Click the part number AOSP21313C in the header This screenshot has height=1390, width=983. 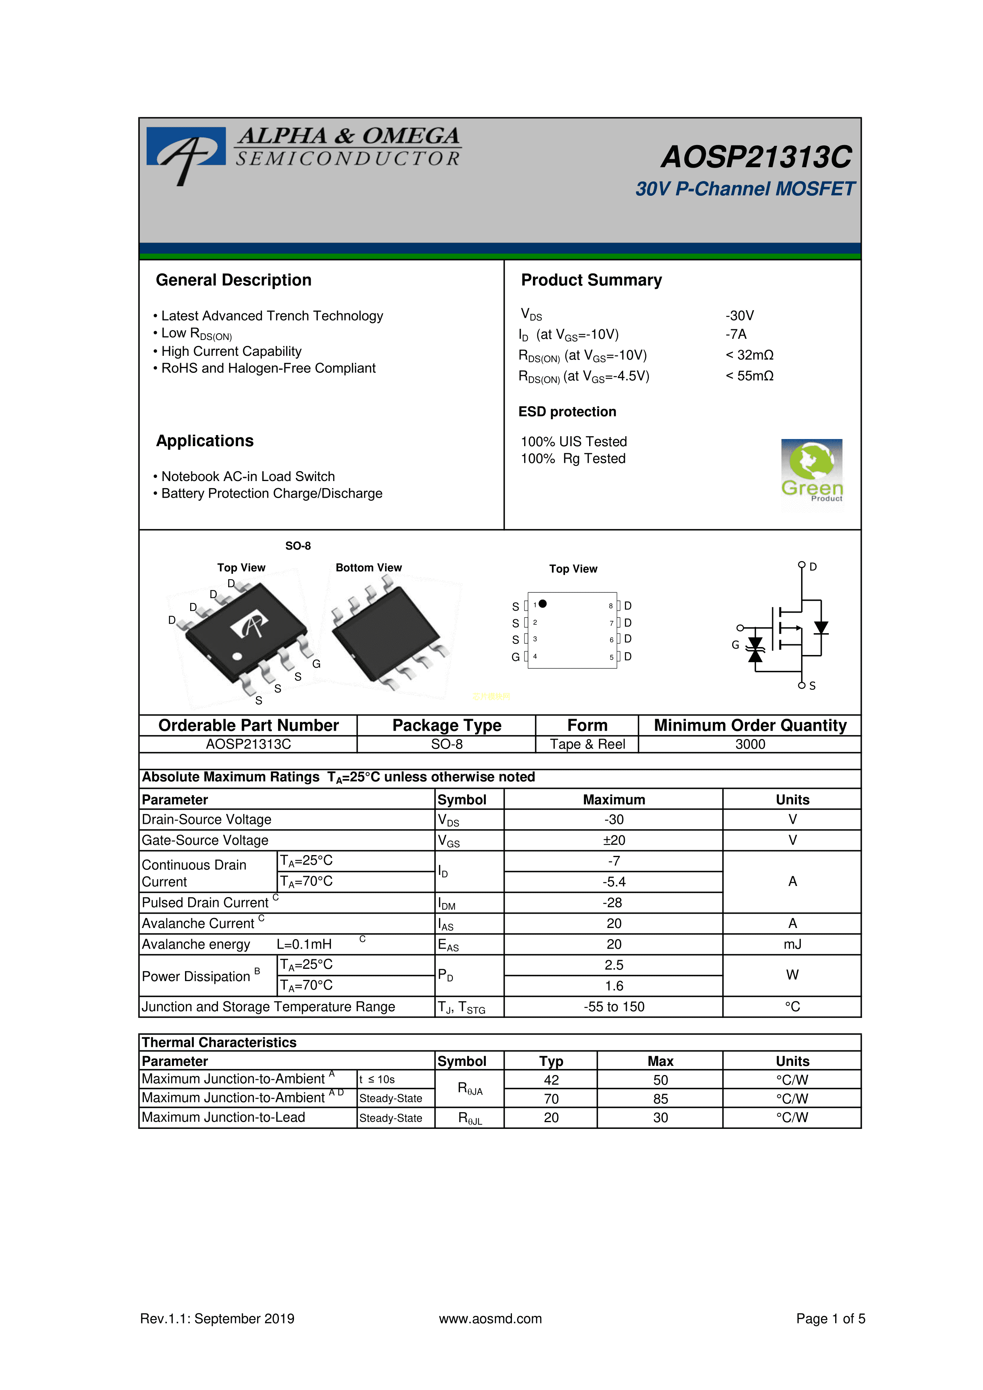tap(756, 157)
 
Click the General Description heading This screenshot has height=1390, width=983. tap(234, 280)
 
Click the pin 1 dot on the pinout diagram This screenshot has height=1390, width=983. tap(543, 603)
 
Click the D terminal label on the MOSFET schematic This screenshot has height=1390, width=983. tap(813, 567)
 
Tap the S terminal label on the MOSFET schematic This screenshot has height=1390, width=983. tap(812, 686)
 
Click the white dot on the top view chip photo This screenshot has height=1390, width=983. tap(237, 656)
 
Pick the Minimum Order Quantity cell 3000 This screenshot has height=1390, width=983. tap(750, 744)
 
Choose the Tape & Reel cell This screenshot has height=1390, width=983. tap(587, 744)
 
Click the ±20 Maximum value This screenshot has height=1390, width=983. tap(614, 840)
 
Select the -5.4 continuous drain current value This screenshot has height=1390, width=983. tap(614, 882)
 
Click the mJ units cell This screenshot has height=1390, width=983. tap(792, 944)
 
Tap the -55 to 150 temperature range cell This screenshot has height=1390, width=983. tap(614, 1007)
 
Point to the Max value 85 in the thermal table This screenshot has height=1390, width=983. tap(660, 1099)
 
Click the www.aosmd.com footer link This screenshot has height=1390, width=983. tap(490, 1319)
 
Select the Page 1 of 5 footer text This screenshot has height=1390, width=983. tap(830, 1319)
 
